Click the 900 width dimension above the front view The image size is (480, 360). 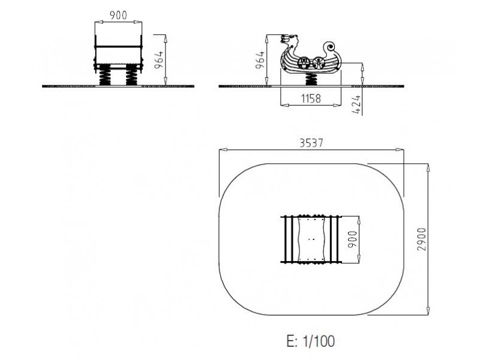coord(118,15)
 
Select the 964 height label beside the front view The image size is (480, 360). coord(159,60)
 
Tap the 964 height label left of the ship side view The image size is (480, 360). coord(260,60)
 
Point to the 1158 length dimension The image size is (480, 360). coord(311,98)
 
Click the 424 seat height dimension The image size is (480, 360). coord(356,104)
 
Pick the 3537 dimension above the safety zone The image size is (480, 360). coord(311,143)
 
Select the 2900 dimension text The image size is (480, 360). coord(422,239)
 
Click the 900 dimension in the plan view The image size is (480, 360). coord(353,239)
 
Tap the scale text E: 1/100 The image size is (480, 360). coord(310,341)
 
